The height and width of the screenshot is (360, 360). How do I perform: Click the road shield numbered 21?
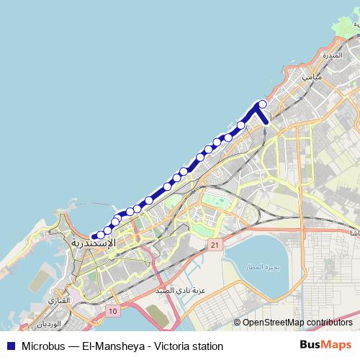[215, 246]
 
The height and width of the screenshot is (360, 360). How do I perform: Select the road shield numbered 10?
[113, 310]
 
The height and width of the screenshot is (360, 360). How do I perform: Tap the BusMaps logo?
[326, 345]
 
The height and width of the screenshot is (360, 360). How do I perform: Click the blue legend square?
[10, 346]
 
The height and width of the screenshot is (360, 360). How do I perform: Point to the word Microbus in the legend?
[43, 346]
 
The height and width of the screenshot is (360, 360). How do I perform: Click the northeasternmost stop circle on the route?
[263, 104]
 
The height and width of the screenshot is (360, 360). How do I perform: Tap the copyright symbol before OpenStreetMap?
[237, 323]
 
